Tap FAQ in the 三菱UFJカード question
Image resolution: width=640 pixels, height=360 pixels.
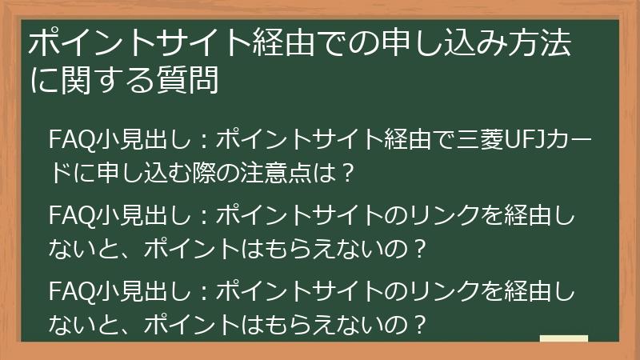tap(66, 140)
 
